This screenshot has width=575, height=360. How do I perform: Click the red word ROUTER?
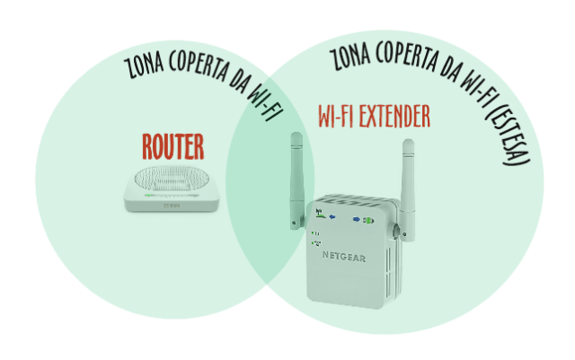[x=172, y=145]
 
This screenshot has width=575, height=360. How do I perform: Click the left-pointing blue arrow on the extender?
[x=333, y=216]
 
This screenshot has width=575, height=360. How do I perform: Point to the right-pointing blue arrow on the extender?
[x=357, y=218]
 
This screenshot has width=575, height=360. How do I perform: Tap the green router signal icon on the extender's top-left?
[x=320, y=215]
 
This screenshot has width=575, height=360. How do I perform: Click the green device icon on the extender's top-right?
[x=368, y=218]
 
